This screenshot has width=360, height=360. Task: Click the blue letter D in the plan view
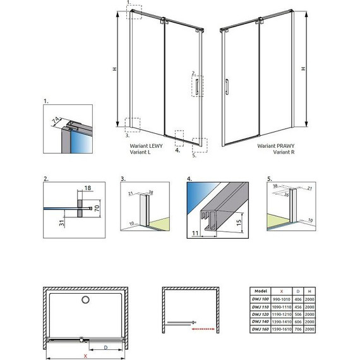[105, 346]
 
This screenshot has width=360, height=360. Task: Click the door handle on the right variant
[226, 87]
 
